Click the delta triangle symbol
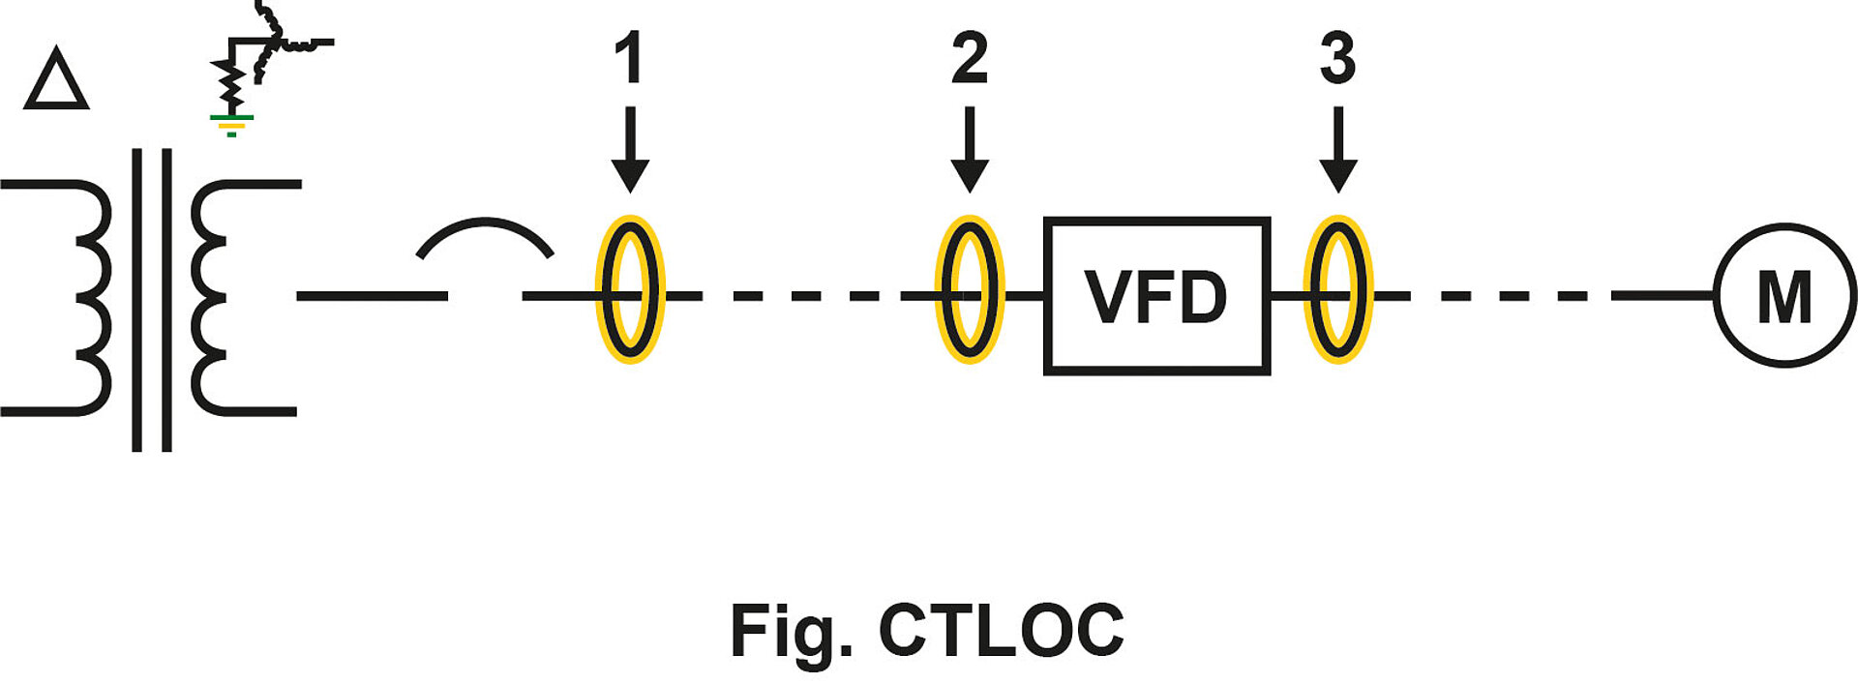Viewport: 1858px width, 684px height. tap(56, 79)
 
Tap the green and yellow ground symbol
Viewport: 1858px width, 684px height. tap(231, 124)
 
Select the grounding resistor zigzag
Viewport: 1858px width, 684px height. tap(230, 85)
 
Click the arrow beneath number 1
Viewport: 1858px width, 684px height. tap(630, 150)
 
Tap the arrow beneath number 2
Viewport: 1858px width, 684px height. tap(970, 150)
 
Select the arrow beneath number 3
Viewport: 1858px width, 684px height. tap(1338, 150)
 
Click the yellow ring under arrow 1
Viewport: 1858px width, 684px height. tap(630, 289)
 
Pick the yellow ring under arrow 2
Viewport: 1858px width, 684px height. tap(970, 289)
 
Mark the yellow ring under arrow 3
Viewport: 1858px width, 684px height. tap(1338, 289)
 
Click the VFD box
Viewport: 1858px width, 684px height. tap(1156, 295)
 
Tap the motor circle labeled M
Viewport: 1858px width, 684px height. tap(1784, 295)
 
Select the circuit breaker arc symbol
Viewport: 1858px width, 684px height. tap(485, 238)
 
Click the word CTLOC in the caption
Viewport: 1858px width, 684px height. tap(1001, 631)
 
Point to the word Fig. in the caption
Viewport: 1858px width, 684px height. tap(790, 631)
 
